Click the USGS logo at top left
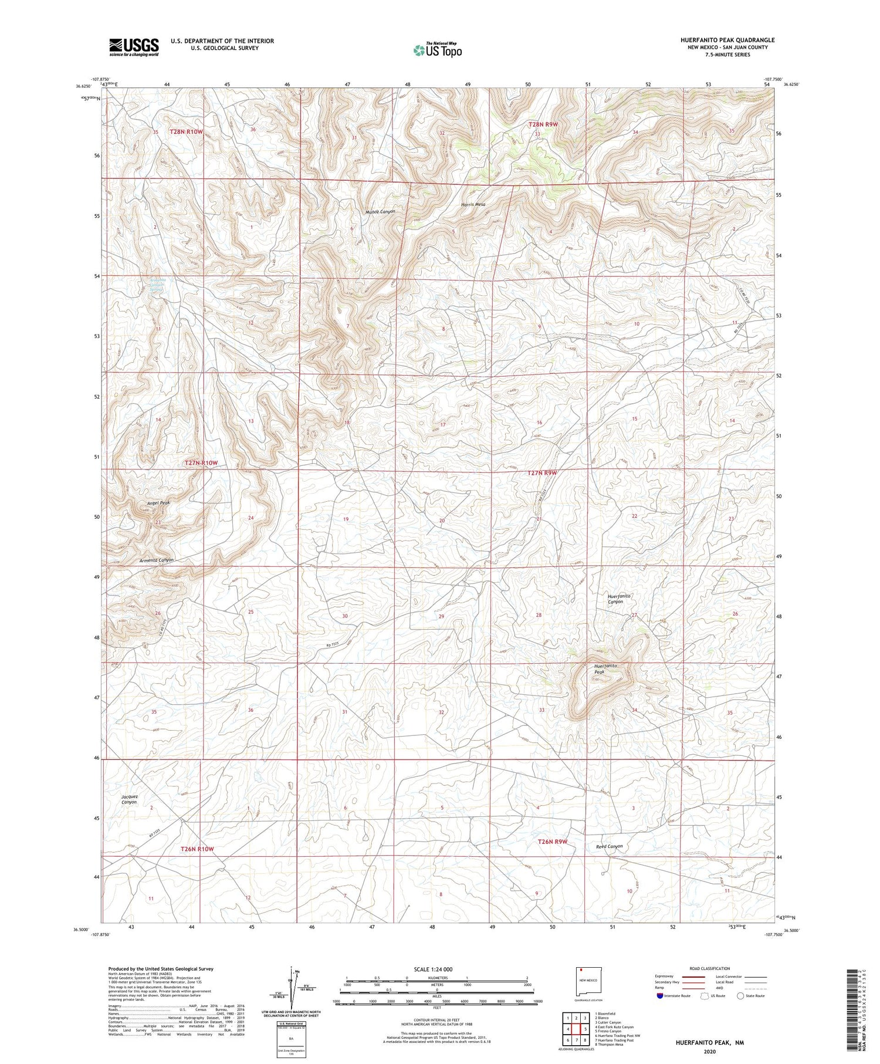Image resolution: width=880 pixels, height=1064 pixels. click(134, 47)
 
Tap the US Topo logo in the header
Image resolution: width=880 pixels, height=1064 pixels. click(438, 50)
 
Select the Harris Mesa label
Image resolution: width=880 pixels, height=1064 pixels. click(473, 205)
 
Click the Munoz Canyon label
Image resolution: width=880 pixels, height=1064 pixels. click(380, 211)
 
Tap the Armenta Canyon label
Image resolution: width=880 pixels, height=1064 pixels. click(157, 560)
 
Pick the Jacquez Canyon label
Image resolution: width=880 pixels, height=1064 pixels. click(129, 799)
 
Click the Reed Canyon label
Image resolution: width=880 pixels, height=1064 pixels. click(609, 846)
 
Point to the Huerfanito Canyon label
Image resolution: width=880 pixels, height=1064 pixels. click(619, 599)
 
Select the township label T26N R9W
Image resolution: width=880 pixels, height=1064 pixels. click(553, 842)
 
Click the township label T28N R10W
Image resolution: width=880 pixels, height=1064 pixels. click(186, 132)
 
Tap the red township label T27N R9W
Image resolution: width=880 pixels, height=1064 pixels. click(541, 472)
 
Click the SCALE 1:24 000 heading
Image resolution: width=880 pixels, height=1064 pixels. click(433, 969)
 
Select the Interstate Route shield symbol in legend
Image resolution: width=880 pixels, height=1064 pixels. click(660, 996)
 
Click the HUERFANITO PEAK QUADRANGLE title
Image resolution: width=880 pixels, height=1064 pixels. click(727, 40)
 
